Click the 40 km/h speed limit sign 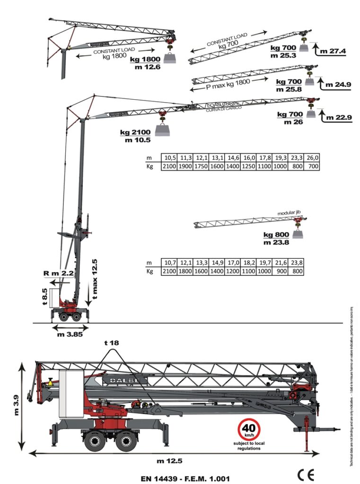point(248,430)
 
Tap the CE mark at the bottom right point(305,474)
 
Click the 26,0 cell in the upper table point(313,158)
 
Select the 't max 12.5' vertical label point(95,279)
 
